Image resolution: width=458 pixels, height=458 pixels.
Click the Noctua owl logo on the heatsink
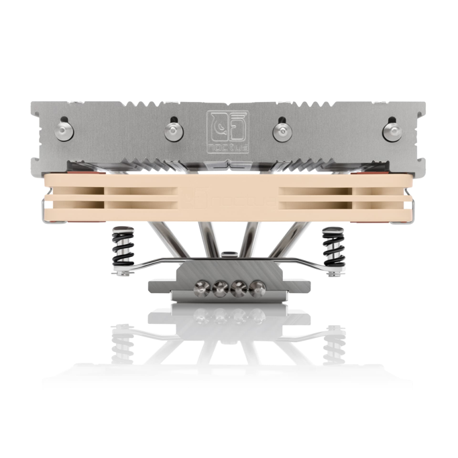pyautogui.click(x=227, y=124)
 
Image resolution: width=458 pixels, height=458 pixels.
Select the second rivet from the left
pyautogui.click(x=172, y=128)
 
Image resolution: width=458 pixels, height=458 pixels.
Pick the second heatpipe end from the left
pyautogui.click(x=218, y=290)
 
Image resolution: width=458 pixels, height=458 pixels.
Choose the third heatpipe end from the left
pyautogui.click(x=239, y=290)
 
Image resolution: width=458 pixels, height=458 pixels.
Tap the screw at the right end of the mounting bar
pyautogui.click(x=334, y=273)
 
